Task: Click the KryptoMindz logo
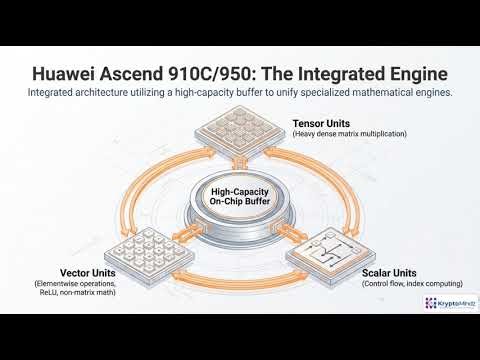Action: [x=445, y=300]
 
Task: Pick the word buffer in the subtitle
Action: [x=250, y=93]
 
